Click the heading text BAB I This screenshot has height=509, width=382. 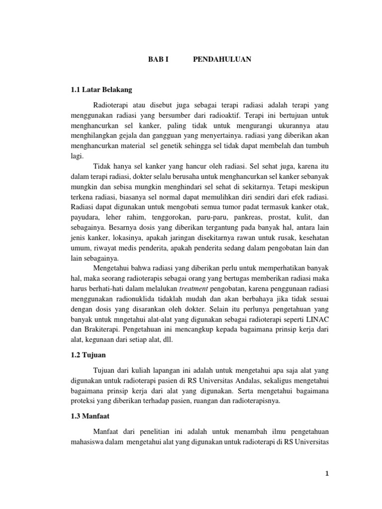pyautogui.click(x=159, y=59)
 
